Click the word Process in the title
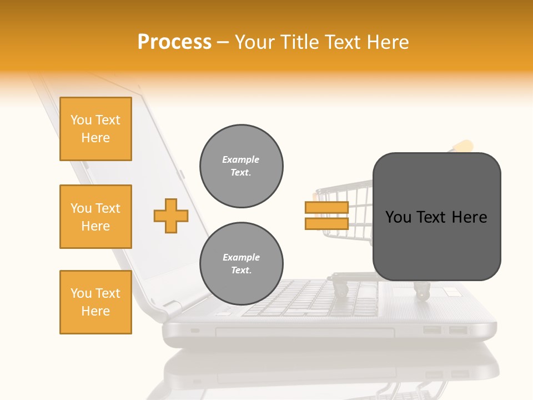point(174,42)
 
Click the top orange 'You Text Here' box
point(95,129)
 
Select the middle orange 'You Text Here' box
point(95,217)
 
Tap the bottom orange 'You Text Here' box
point(95,302)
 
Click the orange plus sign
point(171,216)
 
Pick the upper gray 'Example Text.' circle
point(241,166)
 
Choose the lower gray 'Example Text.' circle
point(241,264)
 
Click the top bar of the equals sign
point(326,208)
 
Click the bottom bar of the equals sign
point(326,224)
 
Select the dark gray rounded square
point(436,217)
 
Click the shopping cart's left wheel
point(339,289)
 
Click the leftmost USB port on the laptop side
point(432,331)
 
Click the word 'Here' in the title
point(388,42)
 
